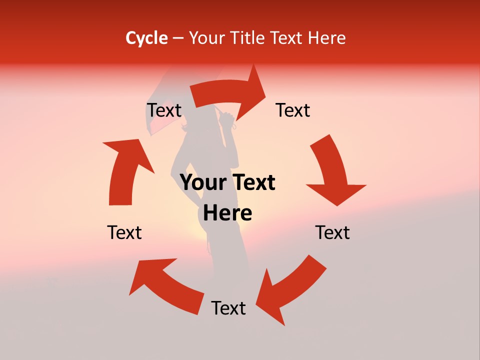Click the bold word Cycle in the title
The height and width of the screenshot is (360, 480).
tap(146, 38)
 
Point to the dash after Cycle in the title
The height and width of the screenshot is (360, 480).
tap(178, 38)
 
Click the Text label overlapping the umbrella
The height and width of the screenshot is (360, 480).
tap(164, 110)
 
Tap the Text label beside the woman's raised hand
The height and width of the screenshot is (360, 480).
tap(293, 110)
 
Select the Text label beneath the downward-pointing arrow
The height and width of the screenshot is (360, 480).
tap(332, 232)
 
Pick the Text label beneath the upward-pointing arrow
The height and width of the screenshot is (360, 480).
tap(124, 232)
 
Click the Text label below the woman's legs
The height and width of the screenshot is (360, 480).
tap(228, 308)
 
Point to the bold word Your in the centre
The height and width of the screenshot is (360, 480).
tap(202, 182)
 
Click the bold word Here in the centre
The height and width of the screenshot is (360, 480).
tap(227, 213)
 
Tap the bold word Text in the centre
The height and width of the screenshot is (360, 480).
tap(252, 182)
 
